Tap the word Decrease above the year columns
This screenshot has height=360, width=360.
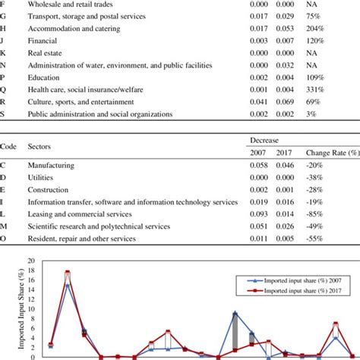[265, 141]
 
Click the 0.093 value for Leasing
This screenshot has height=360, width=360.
[257, 215]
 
